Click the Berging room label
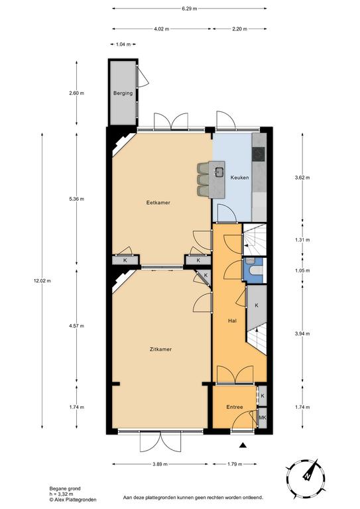123,93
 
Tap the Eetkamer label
158,203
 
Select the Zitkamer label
160,349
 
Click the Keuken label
239,178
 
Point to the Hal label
232,321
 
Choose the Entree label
235,407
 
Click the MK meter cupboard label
263,418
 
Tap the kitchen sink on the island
219,172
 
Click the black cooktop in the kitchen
259,154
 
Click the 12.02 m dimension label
42,281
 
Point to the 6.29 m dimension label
189,9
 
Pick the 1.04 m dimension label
123,44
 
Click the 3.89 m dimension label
160,464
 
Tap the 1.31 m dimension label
302,240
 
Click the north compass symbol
306,479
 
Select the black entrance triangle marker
243,445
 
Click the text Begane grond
65,488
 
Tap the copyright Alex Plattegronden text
73,500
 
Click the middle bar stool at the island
204,179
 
